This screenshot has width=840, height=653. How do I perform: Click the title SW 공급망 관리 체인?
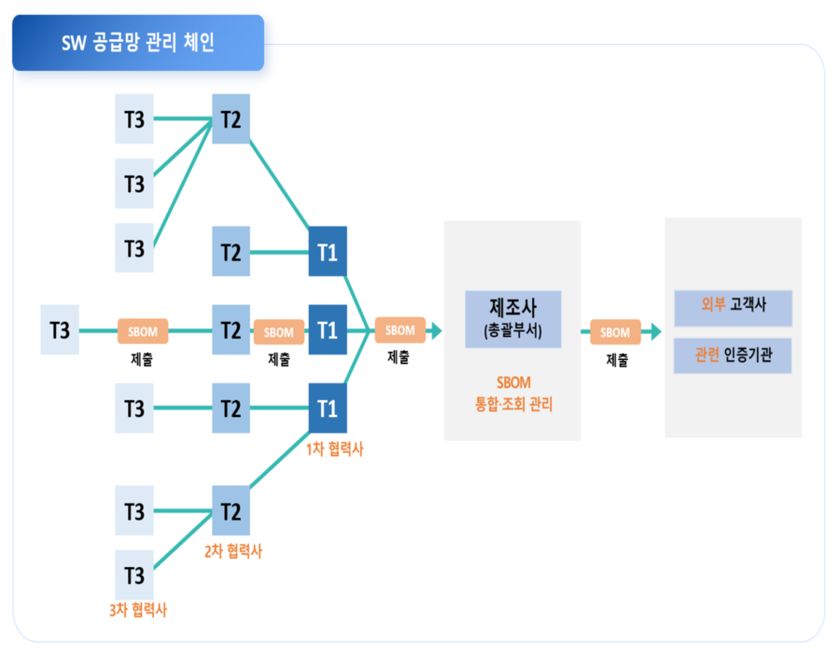[x=138, y=43]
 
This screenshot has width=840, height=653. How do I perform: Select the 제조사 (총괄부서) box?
[x=512, y=319]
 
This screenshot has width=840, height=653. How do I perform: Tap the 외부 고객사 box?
[x=733, y=306]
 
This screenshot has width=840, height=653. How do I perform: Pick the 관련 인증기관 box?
[x=733, y=355]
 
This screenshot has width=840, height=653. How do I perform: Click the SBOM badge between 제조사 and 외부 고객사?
[x=615, y=331]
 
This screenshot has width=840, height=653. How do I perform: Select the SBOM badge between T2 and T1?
[x=278, y=331]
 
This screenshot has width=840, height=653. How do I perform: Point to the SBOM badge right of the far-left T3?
[x=143, y=331]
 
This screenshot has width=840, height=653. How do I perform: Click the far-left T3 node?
[x=60, y=330]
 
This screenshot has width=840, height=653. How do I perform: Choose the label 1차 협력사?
[x=334, y=450]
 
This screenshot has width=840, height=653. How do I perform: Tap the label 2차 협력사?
[x=233, y=551]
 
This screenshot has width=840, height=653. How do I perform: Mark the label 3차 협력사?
[x=138, y=610]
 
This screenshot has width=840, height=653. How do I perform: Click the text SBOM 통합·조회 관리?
[x=512, y=393]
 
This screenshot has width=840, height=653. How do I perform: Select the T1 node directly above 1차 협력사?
[x=328, y=408]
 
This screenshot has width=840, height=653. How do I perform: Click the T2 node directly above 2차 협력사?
[x=231, y=511]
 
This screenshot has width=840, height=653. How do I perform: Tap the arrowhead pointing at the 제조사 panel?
[x=435, y=330]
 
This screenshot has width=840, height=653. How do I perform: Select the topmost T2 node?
[x=231, y=118]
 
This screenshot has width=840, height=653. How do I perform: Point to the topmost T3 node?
[x=134, y=118]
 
